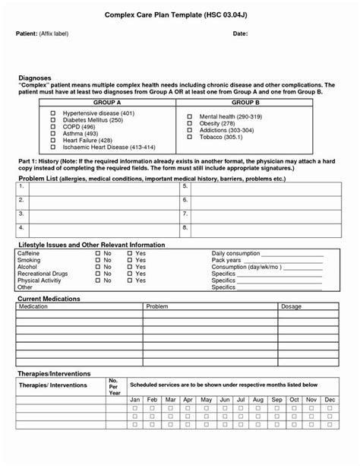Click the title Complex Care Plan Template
[180, 14]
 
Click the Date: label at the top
[240, 34]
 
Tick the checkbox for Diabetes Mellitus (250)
[53, 120]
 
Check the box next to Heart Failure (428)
[53, 141]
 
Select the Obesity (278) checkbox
[190, 123]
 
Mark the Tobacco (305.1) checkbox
[190, 137]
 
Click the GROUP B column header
[245, 101]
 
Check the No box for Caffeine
[98, 253]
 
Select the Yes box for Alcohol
[130, 267]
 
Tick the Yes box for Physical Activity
[130, 281]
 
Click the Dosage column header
[291, 306]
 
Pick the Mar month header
[170, 399]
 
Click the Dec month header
[330, 399]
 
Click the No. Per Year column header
[114, 386]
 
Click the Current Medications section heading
[49, 299]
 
